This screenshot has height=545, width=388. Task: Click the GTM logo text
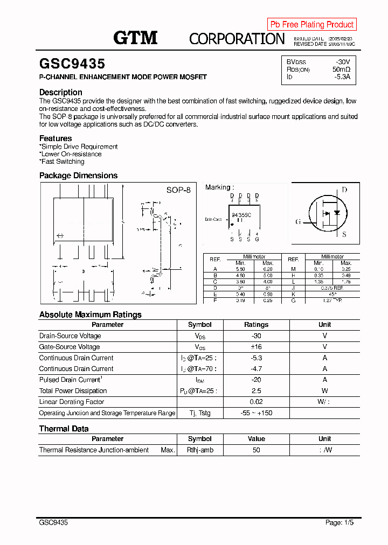[135, 38]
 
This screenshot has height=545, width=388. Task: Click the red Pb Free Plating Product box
[311, 24]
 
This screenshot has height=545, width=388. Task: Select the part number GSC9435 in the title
[72, 64]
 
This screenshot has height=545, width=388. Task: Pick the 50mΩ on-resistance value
[341, 69]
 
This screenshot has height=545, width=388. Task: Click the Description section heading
[61, 92]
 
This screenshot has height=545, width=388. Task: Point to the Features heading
[56, 138]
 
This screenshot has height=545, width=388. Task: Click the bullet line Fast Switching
[63, 162]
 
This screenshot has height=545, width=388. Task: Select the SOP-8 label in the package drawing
[178, 190]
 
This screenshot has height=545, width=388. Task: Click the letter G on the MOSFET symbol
[298, 222]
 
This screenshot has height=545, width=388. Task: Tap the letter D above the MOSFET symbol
[344, 190]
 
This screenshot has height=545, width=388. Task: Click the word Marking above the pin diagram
[218, 187]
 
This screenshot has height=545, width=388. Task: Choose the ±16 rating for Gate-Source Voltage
[256, 347]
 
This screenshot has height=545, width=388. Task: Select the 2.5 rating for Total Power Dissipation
[256, 391]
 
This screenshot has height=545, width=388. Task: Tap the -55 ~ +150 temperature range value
[256, 413]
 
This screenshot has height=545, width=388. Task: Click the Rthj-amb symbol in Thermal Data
[199, 450]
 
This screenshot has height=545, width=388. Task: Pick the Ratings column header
[256, 325]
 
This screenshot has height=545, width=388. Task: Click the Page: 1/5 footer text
[339, 522]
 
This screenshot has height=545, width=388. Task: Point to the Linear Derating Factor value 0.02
[256, 402]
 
